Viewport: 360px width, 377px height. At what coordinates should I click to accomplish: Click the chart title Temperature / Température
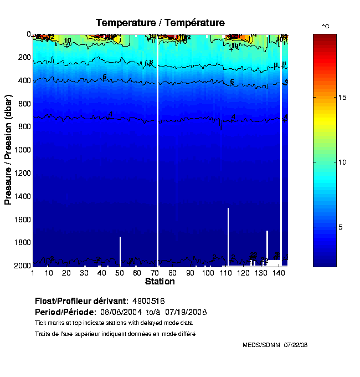160,23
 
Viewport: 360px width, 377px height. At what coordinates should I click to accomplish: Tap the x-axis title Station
160,282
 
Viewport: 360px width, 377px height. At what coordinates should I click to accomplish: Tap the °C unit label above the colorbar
326,26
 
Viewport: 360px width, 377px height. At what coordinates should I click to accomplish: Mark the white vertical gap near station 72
158,150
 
